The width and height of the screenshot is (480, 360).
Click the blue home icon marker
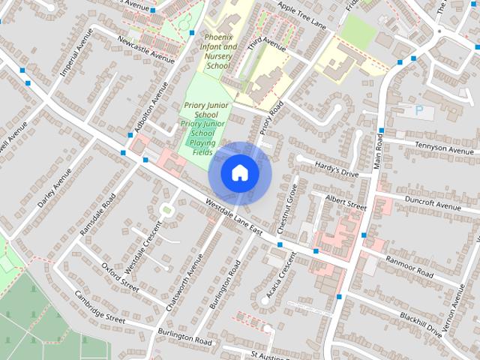pyautogui.click(x=239, y=172)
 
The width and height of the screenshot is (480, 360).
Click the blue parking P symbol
pyautogui.click(x=418, y=110)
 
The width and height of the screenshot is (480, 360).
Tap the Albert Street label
pyautogui.click(x=346, y=202)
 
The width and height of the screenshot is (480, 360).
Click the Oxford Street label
pyautogui.click(x=120, y=274)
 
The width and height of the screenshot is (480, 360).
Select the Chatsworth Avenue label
pyautogui.click(x=185, y=278)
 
